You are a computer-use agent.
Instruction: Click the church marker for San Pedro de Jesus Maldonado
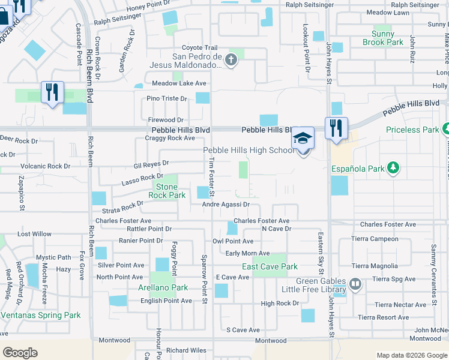[x=232, y=59]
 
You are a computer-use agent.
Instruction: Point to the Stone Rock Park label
[x=167, y=191]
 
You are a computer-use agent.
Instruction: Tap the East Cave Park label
[x=270, y=267]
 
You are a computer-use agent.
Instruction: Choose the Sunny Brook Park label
[x=383, y=38]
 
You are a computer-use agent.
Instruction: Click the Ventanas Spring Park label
[x=40, y=315]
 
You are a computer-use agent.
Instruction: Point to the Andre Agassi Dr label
[x=225, y=205]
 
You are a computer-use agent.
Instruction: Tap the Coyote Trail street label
[x=199, y=48]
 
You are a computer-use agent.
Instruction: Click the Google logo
[x=20, y=353]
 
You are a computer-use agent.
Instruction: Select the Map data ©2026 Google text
[x=411, y=355]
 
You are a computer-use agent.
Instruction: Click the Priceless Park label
[x=412, y=130]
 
